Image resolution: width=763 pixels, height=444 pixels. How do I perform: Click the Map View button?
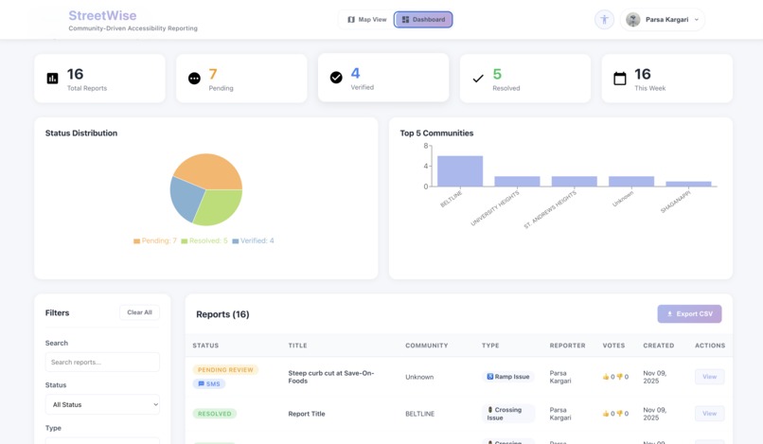pyautogui.click(x=367, y=19)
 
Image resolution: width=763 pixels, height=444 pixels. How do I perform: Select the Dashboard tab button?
pyautogui.click(x=423, y=19)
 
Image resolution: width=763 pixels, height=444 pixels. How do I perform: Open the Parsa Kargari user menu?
pyautogui.click(x=664, y=19)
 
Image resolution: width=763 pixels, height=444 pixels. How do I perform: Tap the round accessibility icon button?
pyautogui.click(x=604, y=19)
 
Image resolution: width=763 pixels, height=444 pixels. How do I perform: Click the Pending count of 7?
pyautogui.click(x=213, y=74)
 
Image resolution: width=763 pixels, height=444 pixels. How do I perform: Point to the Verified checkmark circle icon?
pyautogui.click(x=336, y=78)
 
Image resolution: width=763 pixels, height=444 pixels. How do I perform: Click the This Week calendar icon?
pyautogui.click(x=620, y=79)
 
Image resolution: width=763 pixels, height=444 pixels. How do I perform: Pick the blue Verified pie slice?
pyautogui.click(x=186, y=197)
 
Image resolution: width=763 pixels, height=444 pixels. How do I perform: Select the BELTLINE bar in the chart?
pyautogui.click(x=459, y=171)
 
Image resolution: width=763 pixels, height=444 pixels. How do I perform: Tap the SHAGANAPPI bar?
pyautogui.click(x=688, y=184)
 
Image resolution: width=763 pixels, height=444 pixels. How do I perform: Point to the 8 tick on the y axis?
pyautogui.click(x=426, y=147)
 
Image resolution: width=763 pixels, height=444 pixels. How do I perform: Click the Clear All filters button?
pyautogui.click(x=139, y=312)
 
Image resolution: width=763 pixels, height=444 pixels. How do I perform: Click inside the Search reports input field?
pyautogui.click(x=102, y=362)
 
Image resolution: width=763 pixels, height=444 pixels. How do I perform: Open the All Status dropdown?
pyautogui.click(x=102, y=404)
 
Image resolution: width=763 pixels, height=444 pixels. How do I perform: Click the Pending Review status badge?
pyautogui.click(x=225, y=369)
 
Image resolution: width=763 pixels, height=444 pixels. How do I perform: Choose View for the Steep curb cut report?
pyautogui.click(x=709, y=377)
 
